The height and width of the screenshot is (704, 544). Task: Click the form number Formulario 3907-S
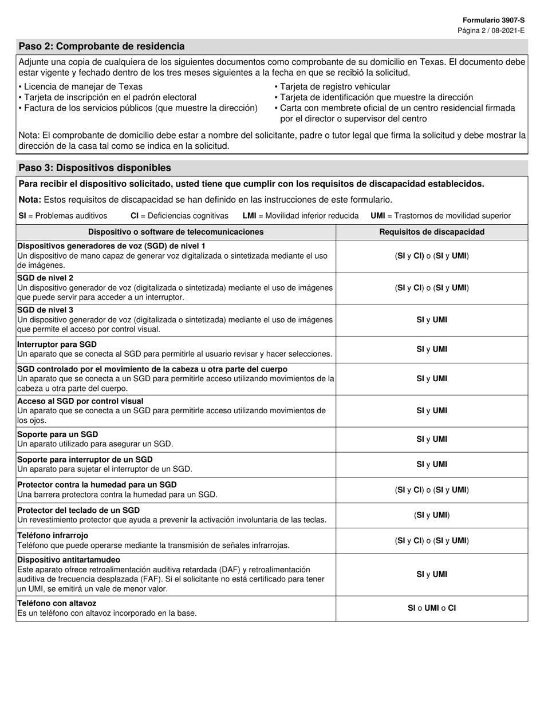493,20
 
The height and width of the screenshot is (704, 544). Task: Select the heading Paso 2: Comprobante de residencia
101,46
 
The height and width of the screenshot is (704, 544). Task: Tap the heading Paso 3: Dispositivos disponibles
94,168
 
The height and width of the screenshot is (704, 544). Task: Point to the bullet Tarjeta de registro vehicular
335,87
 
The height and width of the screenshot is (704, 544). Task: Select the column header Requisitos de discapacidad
432,232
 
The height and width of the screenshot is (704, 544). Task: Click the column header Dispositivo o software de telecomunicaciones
176,232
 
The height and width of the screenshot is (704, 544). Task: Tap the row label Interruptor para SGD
57,345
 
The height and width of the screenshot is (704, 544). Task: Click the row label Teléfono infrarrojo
53,536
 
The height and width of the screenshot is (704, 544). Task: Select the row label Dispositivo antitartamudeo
69,560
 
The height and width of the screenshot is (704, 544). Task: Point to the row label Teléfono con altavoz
57,603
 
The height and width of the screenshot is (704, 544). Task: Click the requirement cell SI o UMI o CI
432,608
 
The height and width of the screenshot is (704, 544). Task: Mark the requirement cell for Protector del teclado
432,515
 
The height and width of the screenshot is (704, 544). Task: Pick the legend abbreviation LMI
249,216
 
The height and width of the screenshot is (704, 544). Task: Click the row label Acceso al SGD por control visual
80,401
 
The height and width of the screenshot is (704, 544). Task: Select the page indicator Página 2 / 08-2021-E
491,30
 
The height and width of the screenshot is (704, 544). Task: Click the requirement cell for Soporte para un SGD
432,439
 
